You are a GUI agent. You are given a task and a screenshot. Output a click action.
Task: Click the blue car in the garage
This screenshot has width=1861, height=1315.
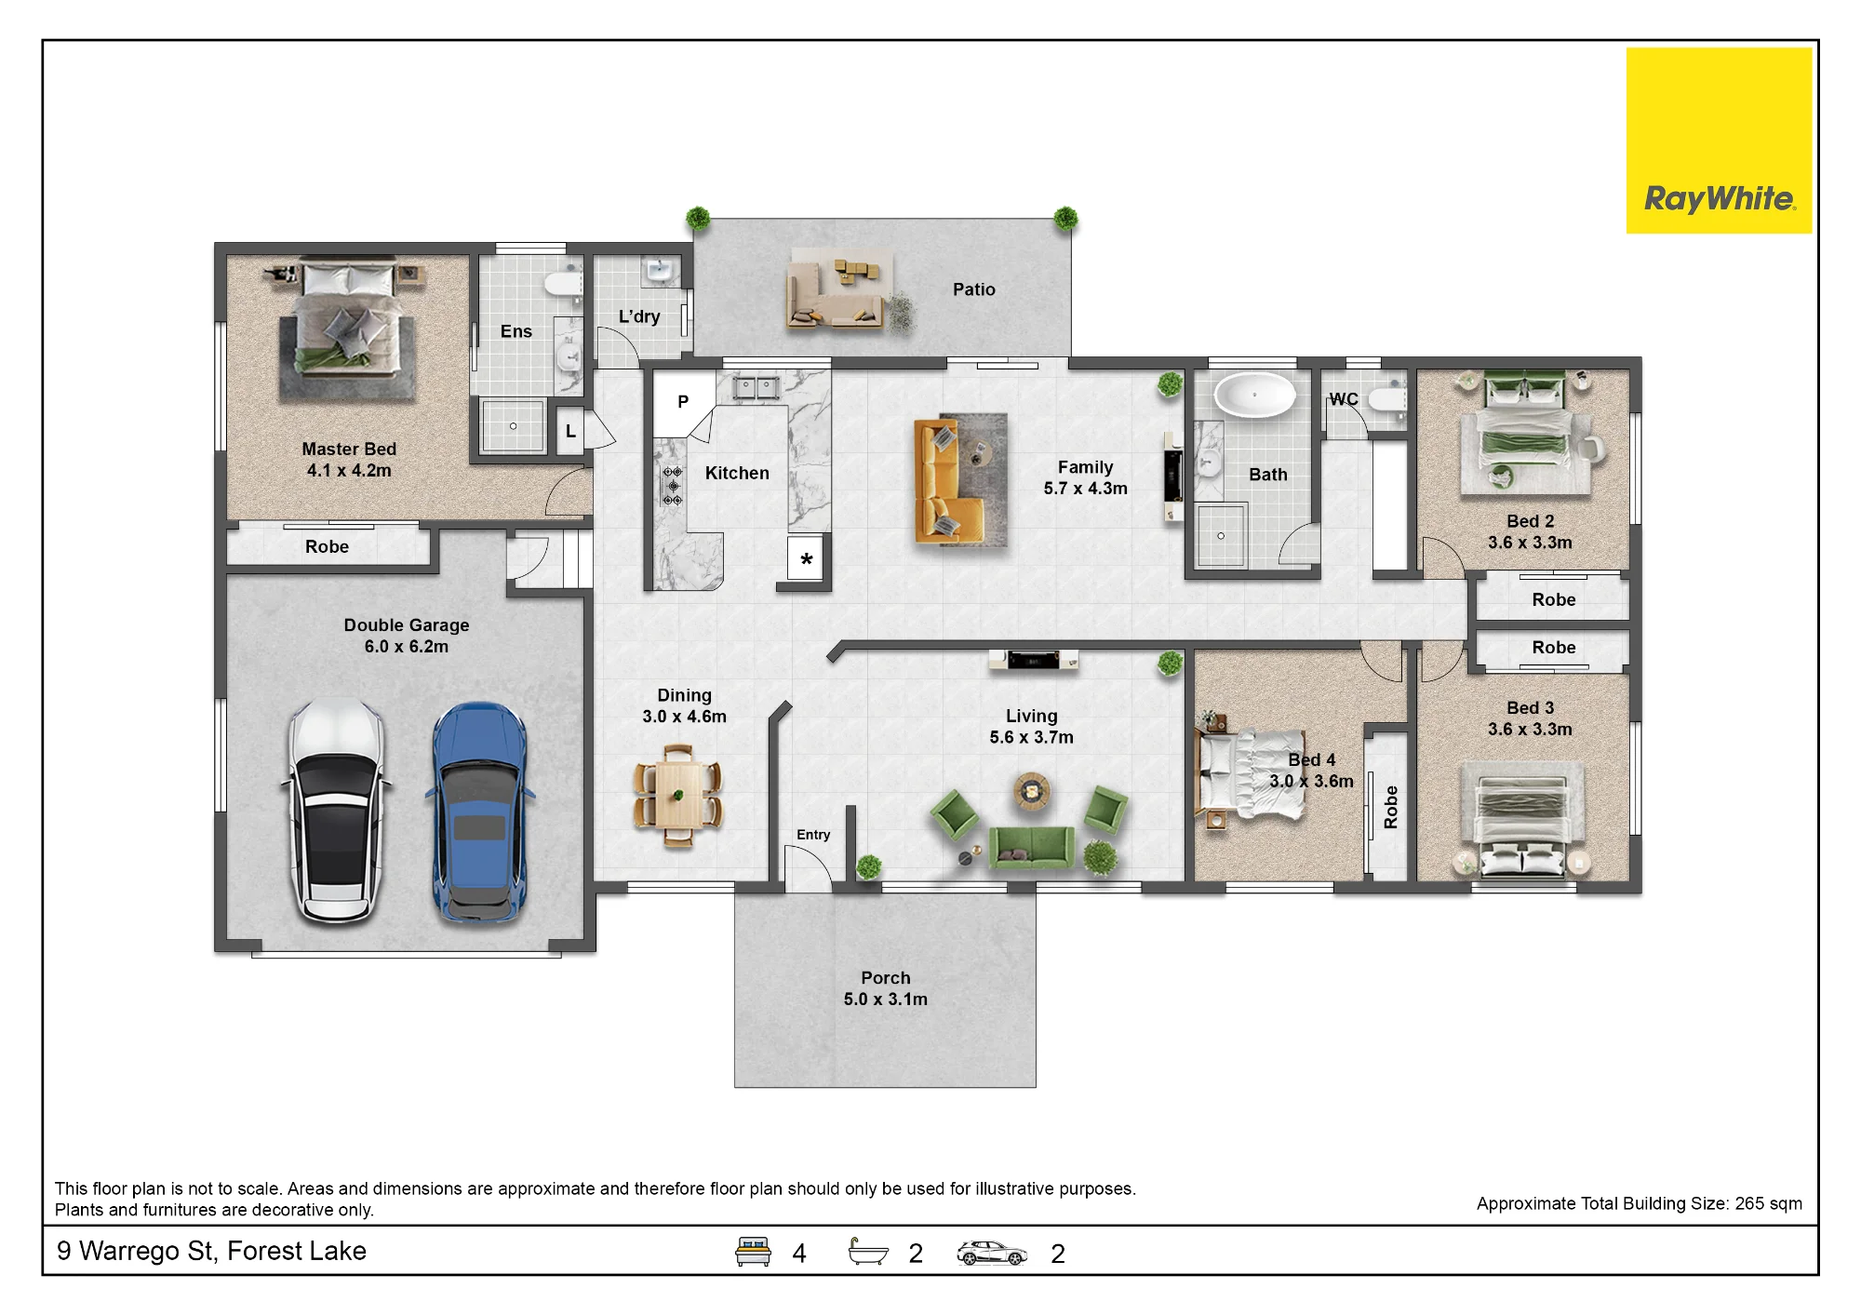[x=480, y=812]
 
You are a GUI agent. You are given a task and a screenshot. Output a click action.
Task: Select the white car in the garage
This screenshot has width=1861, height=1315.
[x=336, y=811]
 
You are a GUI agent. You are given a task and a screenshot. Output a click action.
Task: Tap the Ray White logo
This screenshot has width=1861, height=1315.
[x=1719, y=141]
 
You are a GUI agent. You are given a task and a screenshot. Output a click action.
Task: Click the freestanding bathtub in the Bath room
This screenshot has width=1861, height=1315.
[x=1254, y=395]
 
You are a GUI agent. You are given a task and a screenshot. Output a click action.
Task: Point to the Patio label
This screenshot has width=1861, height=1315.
[x=973, y=289]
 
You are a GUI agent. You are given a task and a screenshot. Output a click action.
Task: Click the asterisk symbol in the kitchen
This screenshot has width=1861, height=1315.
[x=806, y=559]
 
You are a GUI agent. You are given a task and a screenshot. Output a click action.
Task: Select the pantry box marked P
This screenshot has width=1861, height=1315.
[x=684, y=402]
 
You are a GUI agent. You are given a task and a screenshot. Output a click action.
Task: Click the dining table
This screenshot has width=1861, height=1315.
[x=677, y=796]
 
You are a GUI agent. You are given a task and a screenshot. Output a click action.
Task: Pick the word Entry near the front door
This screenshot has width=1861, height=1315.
[x=813, y=835]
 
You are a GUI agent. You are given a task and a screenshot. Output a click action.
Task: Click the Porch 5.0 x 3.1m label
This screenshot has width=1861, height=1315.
[x=885, y=988]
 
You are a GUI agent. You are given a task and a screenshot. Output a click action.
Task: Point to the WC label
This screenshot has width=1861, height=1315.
[x=1344, y=399]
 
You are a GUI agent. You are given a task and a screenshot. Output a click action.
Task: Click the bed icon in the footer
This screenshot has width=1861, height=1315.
[x=753, y=1252]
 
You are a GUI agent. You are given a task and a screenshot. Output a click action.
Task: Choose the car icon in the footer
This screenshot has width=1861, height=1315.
[x=992, y=1254]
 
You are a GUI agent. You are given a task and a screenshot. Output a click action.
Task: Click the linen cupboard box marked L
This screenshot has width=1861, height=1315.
[x=570, y=431]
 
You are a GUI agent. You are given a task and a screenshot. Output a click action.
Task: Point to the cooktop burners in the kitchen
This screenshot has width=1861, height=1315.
[x=673, y=486]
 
